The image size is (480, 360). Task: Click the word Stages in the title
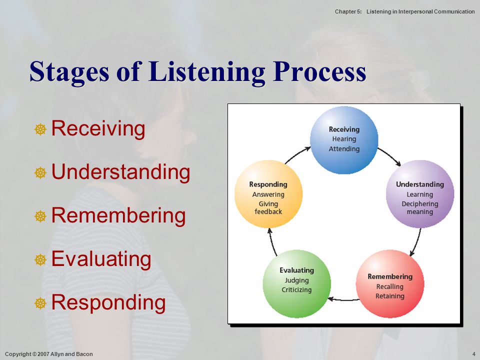[69, 72]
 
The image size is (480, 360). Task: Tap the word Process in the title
[319, 71]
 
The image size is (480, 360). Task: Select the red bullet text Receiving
[98, 128]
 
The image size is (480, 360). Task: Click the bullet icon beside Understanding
[40, 172]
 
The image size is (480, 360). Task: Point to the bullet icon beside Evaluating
[40, 259]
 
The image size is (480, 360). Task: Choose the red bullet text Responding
[108, 303]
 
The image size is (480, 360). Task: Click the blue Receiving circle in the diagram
[344, 140]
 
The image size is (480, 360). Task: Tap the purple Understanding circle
[420, 194]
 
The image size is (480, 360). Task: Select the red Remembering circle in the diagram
[390, 284]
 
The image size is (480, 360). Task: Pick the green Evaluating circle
[297, 284]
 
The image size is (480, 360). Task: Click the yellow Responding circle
[268, 194]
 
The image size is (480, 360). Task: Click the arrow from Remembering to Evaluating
[343, 299]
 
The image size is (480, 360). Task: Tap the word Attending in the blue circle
[344, 149]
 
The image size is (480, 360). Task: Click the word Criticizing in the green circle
[296, 289]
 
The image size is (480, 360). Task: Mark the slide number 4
[474, 354]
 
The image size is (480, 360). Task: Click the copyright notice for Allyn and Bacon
[49, 354]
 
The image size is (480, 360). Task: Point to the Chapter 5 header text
[404, 11]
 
